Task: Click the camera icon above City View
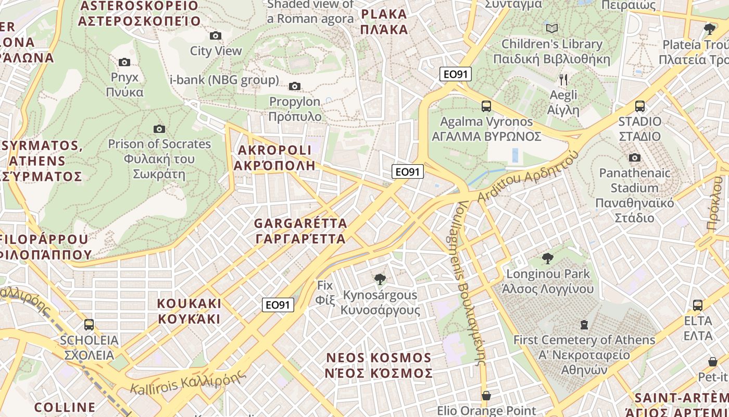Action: [215, 35]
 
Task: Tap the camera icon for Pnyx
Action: [124, 62]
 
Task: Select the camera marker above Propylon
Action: [295, 86]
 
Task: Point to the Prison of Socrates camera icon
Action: [159, 129]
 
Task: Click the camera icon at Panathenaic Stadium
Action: [634, 157]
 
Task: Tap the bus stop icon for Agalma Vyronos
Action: [486, 106]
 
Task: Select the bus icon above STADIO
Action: [639, 106]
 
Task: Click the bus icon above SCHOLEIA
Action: [89, 325]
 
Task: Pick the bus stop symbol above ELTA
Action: [698, 305]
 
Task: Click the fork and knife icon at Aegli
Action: [563, 80]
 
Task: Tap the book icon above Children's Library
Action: [552, 28]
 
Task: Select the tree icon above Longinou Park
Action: [547, 258]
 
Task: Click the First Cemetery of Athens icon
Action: [584, 325]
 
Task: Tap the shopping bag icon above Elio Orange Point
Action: [486, 396]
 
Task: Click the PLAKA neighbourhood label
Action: [384, 21]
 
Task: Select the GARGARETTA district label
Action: [300, 231]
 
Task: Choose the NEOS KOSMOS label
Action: [379, 365]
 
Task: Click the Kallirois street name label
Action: [187, 382]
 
